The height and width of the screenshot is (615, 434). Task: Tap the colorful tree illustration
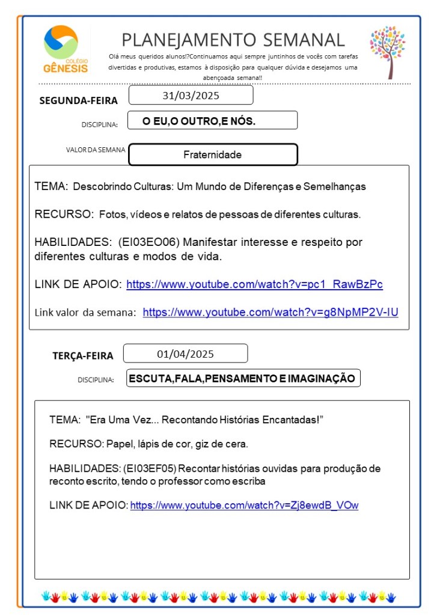[x=388, y=52]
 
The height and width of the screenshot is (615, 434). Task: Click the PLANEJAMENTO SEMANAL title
[x=233, y=40]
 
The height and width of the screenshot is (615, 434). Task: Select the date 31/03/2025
[x=191, y=95]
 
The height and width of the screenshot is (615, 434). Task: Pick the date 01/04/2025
[x=185, y=353]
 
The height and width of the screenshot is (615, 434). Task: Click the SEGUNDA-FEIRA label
[x=78, y=100]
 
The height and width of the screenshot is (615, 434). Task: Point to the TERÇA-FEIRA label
[x=82, y=355]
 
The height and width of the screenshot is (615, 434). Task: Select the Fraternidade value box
[x=213, y=155]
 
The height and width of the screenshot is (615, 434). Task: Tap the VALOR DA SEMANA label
[x=96, y=150]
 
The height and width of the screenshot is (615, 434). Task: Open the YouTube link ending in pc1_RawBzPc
[x=254, y=284]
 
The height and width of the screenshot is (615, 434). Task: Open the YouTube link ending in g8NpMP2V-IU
[x=270, y=312]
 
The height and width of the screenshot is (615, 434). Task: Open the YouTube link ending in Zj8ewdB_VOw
[x=244, y=505]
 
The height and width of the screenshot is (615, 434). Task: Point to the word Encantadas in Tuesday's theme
[x=289, y=419]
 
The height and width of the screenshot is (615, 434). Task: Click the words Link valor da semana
[x=85, y=312]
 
